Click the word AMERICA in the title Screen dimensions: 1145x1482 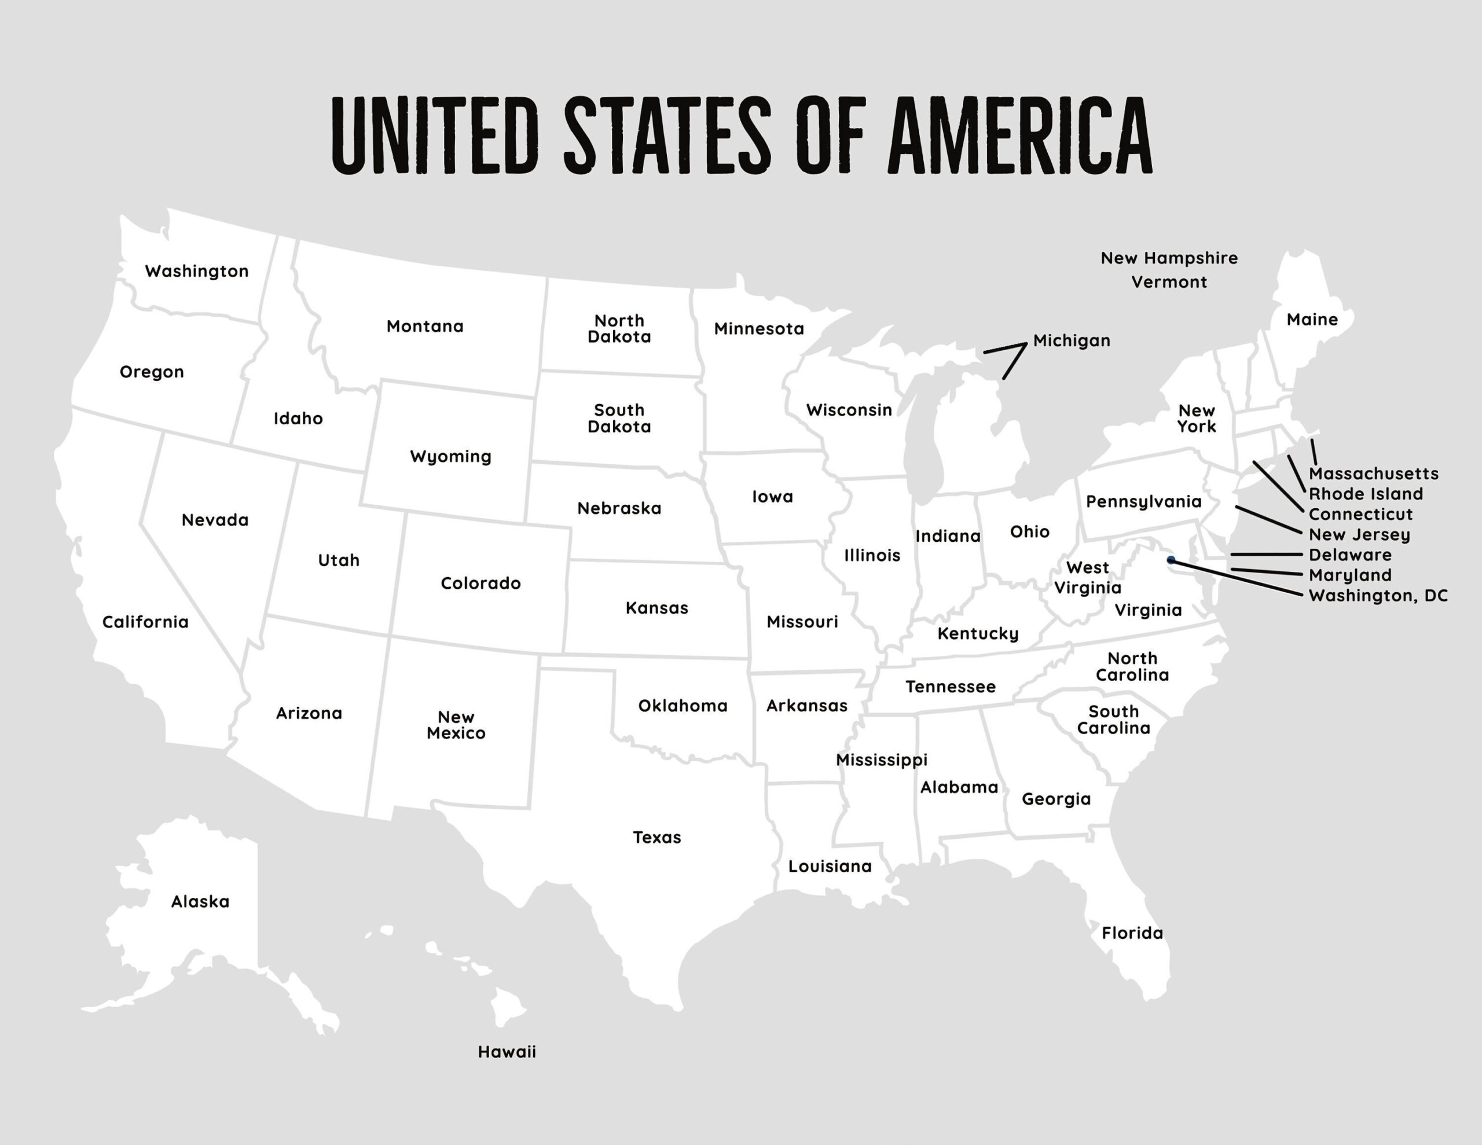(1019, 134)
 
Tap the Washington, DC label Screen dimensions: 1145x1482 (1377, 596)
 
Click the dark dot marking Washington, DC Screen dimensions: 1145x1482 (1171, 560)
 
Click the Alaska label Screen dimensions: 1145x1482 (200, 902)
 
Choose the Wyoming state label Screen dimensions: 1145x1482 (450, 457)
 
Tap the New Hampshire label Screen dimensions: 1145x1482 (1168, 259)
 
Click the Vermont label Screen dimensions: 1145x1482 (1168, 282)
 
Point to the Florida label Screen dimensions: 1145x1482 (1132, 933)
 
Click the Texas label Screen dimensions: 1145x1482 (656, 838)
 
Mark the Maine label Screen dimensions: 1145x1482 (1312, 320)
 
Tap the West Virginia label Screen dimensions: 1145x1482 (1087, 578)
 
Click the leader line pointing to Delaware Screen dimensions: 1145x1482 (1265, 555)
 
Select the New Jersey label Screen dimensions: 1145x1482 (1359, 535)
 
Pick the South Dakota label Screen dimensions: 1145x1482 (619, 418)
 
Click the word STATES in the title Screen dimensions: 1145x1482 (667, 134)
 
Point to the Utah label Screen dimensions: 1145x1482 (339, 560)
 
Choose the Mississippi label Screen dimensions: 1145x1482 (881, 760)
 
